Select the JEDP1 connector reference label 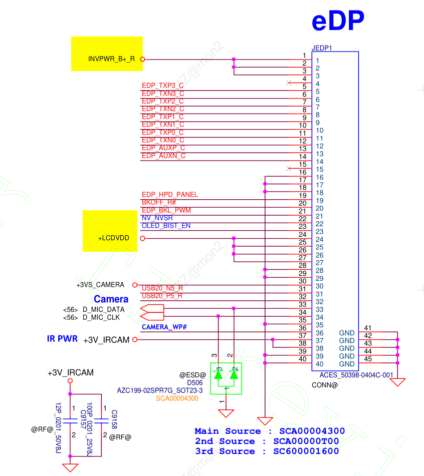322,48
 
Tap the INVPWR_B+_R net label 111,59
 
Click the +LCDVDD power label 114,238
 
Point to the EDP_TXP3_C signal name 163,86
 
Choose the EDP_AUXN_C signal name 163,156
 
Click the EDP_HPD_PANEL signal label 169,194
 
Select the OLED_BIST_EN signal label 166,226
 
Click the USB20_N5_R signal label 162,288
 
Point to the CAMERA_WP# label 164,327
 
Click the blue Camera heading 111,299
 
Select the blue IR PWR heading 62,339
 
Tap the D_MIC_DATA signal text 103,309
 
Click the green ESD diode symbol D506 226,378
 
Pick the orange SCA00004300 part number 177,398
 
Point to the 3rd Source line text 267,451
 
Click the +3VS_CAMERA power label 100,285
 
